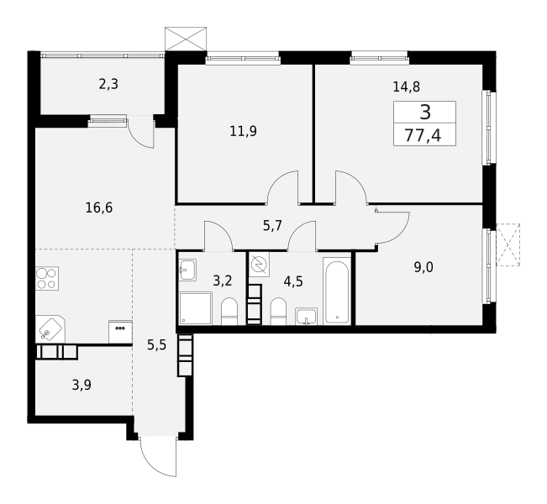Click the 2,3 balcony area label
[108, 84]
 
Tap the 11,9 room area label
[243, 132]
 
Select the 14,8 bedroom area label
[407, 87]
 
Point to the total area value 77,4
[423, 135]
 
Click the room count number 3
[425, 113]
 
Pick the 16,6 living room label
[99, 208]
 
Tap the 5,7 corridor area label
[272, 226]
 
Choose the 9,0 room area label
[423, 267]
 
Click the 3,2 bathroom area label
[222, 281]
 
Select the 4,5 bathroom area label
[293, 281]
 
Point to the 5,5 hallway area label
[156, 345]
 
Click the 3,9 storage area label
[82, 386]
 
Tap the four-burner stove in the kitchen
[47, 278]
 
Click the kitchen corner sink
[50, 328]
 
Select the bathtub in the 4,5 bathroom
[337, 291]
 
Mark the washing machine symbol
[259, 265]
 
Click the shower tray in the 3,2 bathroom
[195, 308]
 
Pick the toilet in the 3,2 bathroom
[229, 312]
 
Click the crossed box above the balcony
[186, 39]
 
